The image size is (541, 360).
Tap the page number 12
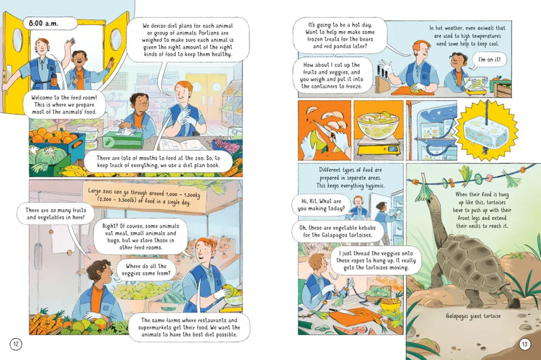16,344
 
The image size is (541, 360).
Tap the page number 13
524,344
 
